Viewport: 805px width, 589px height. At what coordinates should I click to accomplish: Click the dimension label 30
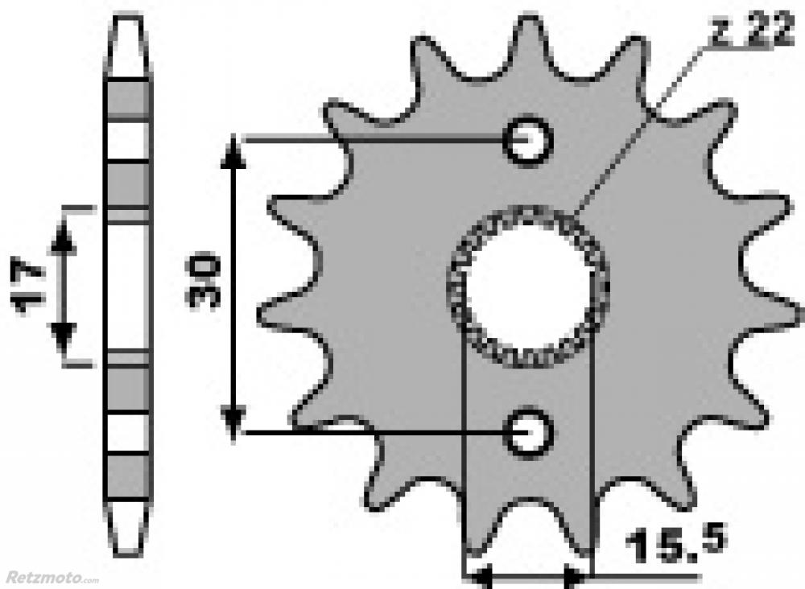pos(204,280)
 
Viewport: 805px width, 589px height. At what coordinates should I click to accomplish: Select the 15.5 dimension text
pos(676,543)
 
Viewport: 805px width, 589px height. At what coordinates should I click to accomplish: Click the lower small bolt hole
pos(530,433)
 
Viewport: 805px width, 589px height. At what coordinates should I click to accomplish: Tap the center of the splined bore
pos(529,286)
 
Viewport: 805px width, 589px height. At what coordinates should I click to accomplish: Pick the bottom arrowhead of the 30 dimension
pos(233,422)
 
